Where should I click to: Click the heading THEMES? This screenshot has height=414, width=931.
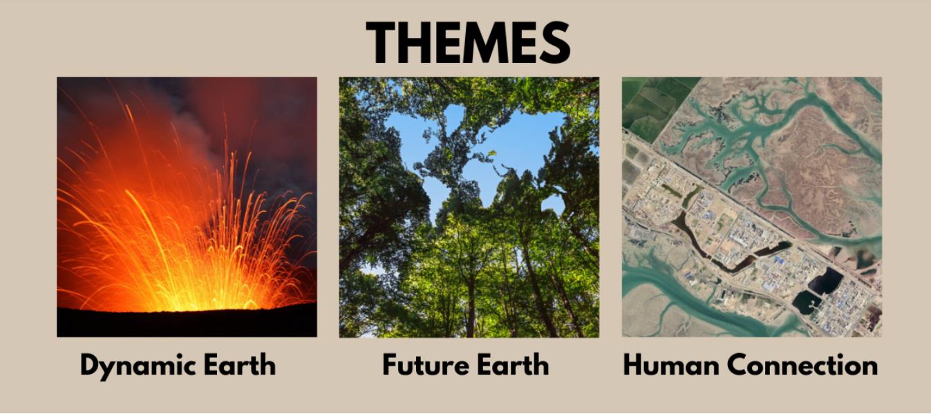pos(468,42)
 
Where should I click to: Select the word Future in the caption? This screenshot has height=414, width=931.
pos(425,364)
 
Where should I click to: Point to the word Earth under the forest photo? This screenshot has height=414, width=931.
pos(513,364)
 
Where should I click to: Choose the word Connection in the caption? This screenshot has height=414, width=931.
pos(802,364)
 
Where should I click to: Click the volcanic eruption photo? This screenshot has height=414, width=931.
pos(187,207)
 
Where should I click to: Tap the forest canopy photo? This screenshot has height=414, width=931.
pos(469,207)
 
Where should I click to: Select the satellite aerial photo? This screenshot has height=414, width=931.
pos(752,207)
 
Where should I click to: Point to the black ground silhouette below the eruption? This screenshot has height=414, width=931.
pos(187,323)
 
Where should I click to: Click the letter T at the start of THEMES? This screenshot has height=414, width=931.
pos(381,42)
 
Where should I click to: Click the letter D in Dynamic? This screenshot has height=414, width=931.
pos(91,364)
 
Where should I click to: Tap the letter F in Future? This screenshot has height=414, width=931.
pos(391,364)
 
